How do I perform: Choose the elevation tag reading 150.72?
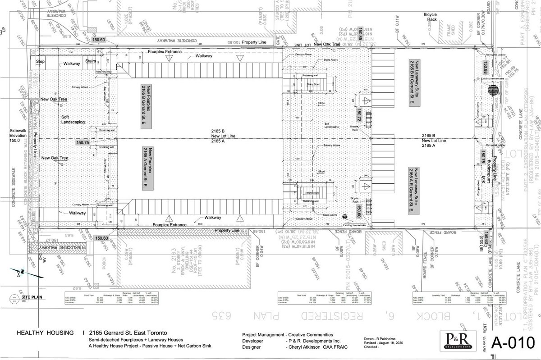coord(359,115)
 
